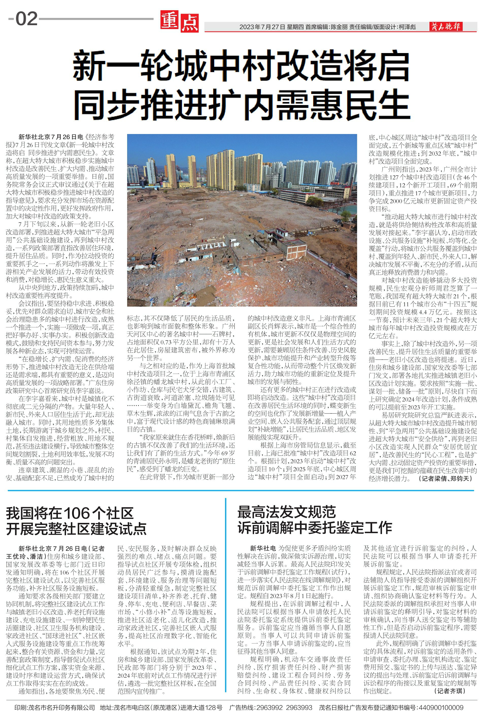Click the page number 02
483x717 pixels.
pos(27,19)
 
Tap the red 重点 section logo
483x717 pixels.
pos(179,22)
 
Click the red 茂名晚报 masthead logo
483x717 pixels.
pos(446,26)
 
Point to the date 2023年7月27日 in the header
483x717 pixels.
pos(262,27)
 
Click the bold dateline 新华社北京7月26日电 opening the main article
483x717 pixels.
pos(51,137)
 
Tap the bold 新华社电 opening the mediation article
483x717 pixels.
pos(263,548)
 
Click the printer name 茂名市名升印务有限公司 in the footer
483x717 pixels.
pos(62,707)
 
